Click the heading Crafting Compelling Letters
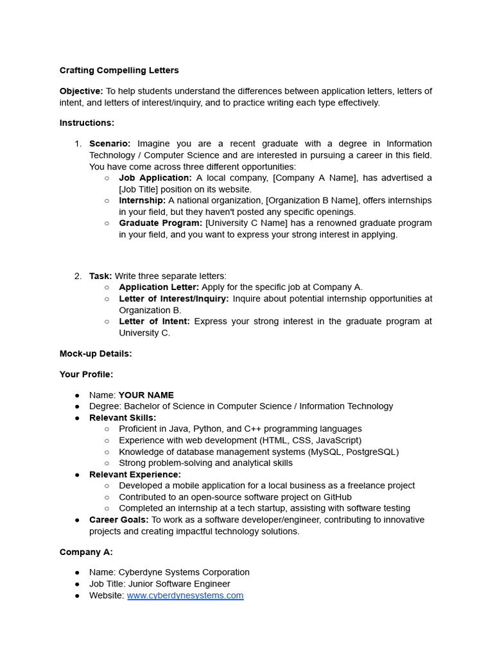point(119,70)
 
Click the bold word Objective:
point(81,91)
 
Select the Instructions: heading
point(87,123)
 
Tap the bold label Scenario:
point(110,143)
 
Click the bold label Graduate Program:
point(160,223)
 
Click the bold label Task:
point(100,276)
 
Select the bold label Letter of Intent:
point(154,321)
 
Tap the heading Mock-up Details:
point(96,354)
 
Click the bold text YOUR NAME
point(146,395)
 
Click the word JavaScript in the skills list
point(336,440)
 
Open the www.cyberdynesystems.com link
point(185,595)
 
